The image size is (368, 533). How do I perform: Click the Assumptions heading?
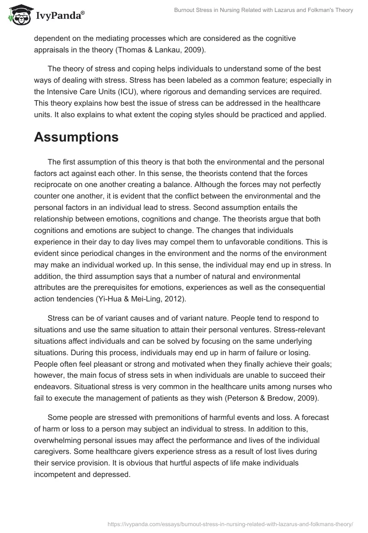tap(76, 137)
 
